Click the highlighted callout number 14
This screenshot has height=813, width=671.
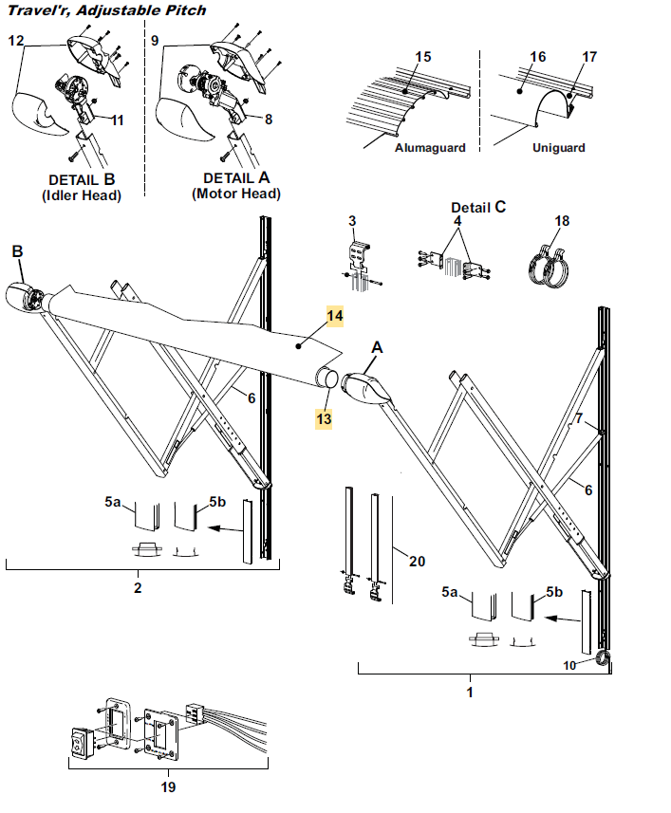[334, 316]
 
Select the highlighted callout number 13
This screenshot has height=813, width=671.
[324, 418]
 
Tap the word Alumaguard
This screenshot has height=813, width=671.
[430, 148]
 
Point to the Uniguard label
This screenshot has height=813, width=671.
[558, 148]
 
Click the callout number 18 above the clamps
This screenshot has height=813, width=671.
[562, 221]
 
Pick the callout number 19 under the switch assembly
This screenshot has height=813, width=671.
[168, 787]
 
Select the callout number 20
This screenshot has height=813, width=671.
[417, 561]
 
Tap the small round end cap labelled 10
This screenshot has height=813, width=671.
[604, 659]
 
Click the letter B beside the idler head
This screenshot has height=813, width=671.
[17, 251]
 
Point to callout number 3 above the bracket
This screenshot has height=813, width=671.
[352, 221]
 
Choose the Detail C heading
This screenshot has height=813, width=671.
[478, 208]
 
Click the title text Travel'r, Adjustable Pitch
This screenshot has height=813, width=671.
[107, 9]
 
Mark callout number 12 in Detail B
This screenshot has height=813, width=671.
[16, 40]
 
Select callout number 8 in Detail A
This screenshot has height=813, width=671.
[268, 120]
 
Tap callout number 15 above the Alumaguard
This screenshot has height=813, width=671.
[422, 57]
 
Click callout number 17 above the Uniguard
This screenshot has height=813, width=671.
[589, 57]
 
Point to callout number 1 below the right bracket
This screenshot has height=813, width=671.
[470, 692]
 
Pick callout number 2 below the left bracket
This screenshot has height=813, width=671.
[138, 587]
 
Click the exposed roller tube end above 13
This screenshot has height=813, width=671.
[327, 377]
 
